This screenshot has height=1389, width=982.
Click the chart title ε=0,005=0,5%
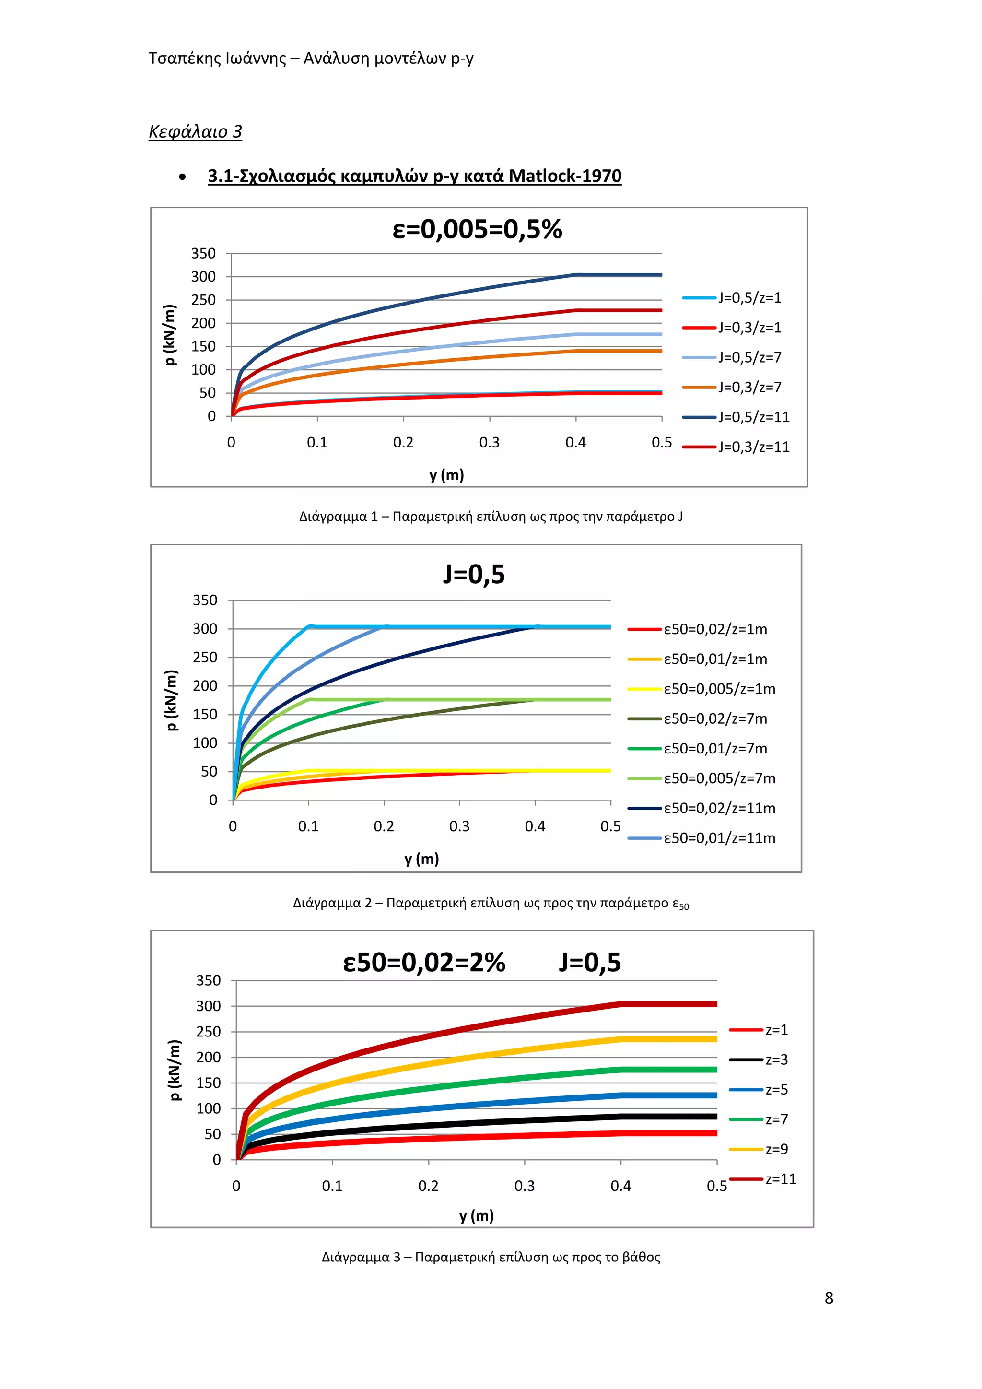click(477, 230)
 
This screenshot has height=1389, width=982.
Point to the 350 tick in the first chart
click(203, 253)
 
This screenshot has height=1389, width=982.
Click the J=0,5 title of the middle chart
click(473, 574)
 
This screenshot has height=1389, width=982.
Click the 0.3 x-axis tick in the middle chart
click(459, 826)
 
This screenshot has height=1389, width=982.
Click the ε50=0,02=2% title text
click(424, 963)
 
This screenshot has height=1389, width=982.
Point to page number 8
click(829, 1298)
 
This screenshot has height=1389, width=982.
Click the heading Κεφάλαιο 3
click(195, 131)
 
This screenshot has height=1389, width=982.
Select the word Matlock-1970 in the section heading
click(565, 176)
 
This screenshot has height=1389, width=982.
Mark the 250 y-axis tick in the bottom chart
click(208, 1032)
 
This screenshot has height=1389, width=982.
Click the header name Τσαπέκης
click(185, 58)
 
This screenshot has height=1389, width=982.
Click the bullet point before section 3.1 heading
click(182, 177)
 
